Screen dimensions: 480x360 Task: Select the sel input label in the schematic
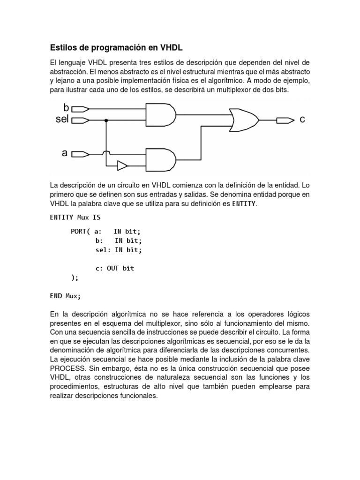(62, 120)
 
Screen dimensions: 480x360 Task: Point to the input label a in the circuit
(65, 153)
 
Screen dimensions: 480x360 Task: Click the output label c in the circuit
(302, 120)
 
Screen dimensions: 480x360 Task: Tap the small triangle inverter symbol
(122, 165)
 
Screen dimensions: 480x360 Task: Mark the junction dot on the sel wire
(107, 120)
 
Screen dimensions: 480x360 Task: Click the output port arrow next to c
(283, 120)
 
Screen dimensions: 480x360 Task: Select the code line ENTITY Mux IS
(75, 217)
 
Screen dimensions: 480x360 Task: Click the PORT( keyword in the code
(80, 232)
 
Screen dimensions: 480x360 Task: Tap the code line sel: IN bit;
(118, 250)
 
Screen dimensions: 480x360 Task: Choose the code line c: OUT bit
(114, 268)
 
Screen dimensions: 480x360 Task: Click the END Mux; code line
(65, 296)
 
